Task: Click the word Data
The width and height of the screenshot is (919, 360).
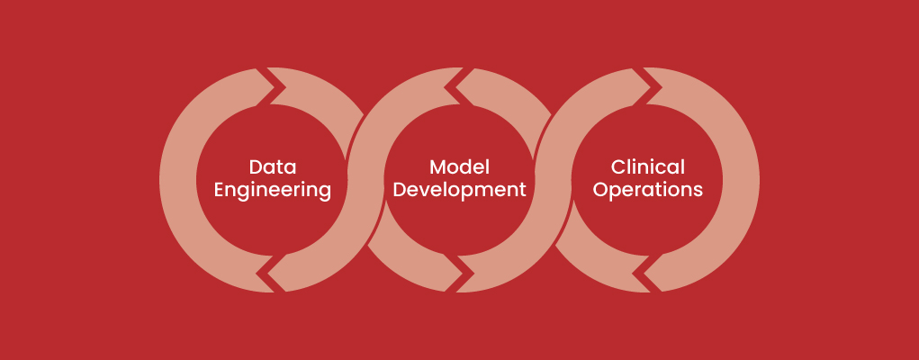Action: (x=273, y=167)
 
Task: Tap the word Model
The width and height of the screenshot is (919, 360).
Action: (x=459, y=167)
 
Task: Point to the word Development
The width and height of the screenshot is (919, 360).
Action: (x=459, y=191)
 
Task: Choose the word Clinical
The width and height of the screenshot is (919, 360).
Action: (x=648, y=167)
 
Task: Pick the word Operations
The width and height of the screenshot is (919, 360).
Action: (x=648, y=191)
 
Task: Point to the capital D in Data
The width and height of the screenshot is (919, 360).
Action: (x=256, y=167)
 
